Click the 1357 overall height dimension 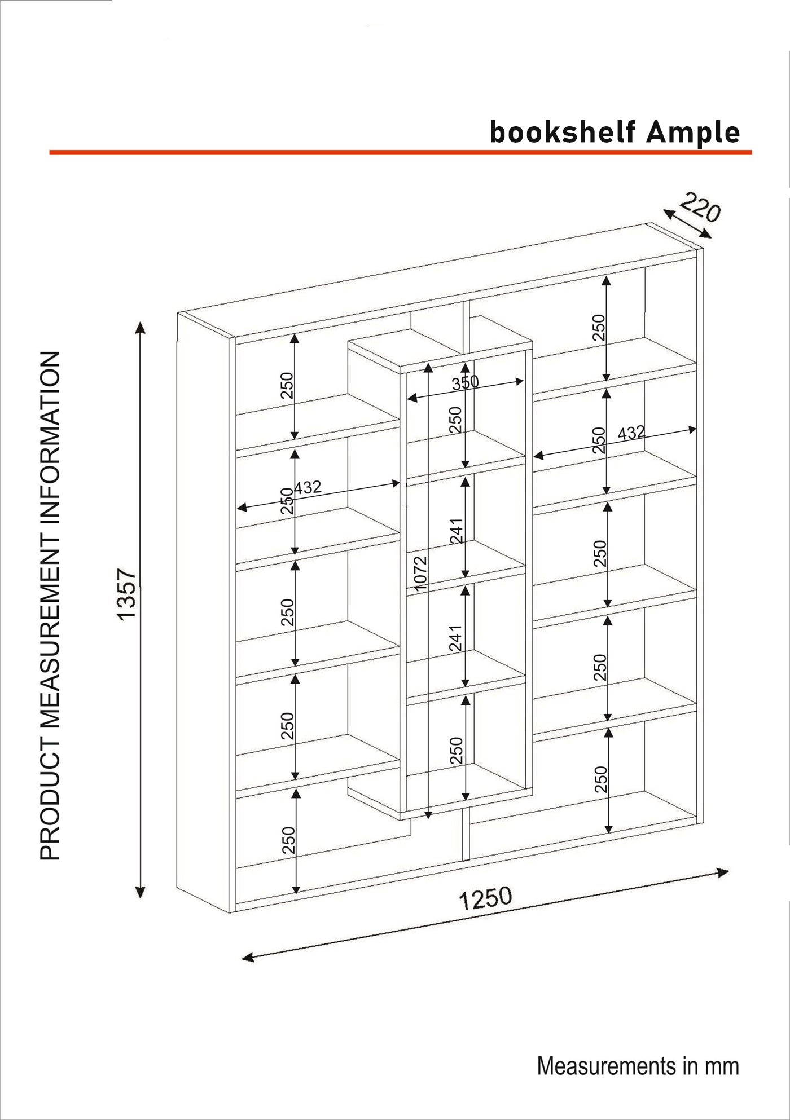127,594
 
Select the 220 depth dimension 700,208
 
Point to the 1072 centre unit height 420,574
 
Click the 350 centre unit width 465,383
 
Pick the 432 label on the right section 631,433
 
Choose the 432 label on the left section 308,487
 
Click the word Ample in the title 693,133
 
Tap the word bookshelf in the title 563,133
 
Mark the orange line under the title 401,152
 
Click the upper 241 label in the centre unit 457,531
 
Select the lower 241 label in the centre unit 456,638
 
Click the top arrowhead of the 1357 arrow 141,327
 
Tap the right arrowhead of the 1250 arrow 722,872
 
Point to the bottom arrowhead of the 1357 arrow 141,892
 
